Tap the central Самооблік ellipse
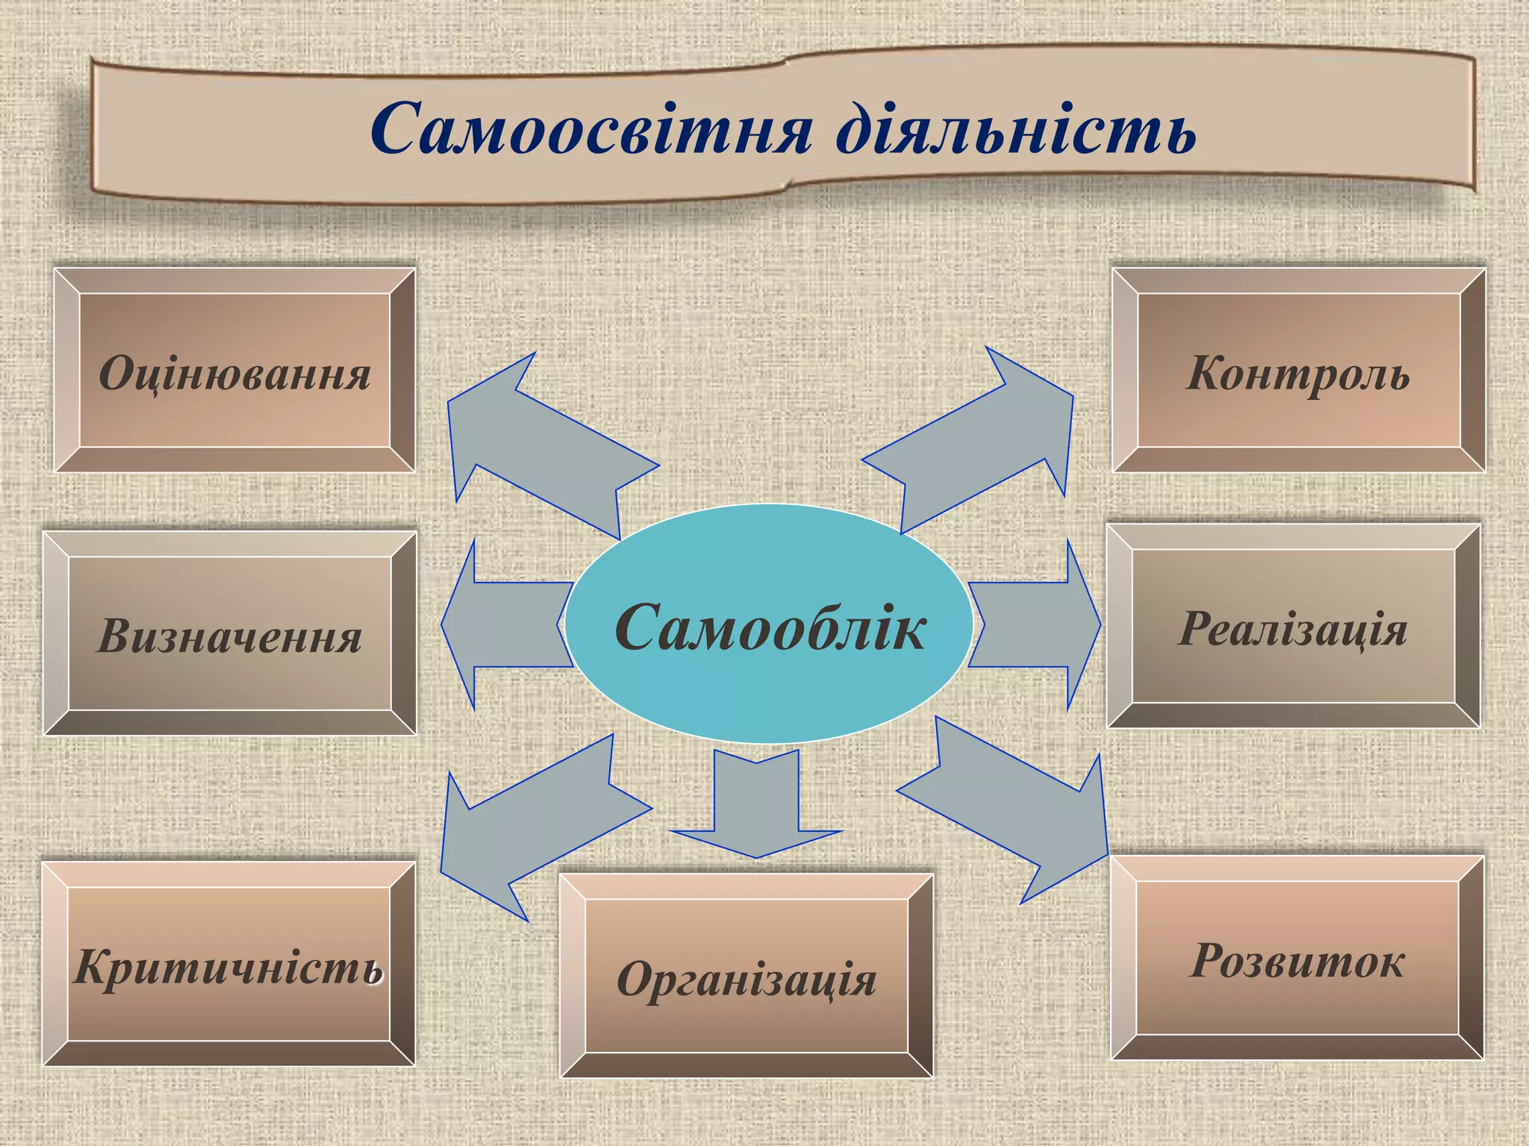pos(769,627)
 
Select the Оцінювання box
pos(234,371)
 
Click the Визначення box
pos(230,634)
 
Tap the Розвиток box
pos(1297,958)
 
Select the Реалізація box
pos(1293,627)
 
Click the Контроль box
pos(1298,371)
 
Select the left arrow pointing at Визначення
pos(500,624)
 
